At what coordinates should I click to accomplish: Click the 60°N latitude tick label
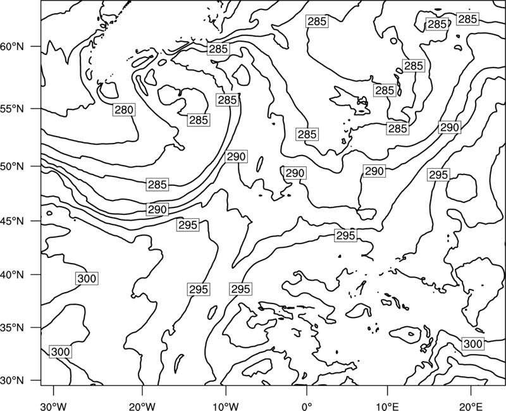pos(12,47)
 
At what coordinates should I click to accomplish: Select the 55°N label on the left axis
pos(12,109)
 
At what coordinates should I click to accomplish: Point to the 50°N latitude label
pos(12,166)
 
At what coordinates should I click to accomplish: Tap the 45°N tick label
pos(12,221)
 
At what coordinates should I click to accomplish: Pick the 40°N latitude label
pos(12,275)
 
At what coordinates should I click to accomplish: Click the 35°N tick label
pos(12,328)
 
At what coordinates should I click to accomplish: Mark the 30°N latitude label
pos(12,381)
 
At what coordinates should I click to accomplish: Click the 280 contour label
pos(124,110)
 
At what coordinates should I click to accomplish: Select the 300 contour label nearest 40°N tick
pos(87,278)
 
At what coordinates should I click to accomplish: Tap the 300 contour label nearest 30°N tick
pos(60,352)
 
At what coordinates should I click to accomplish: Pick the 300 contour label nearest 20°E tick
pos(472,344)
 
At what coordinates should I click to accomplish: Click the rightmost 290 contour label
pos(450,128)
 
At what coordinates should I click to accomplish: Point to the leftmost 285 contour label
pos(157,185)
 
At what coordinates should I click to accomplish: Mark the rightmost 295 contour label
pos(438,175)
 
